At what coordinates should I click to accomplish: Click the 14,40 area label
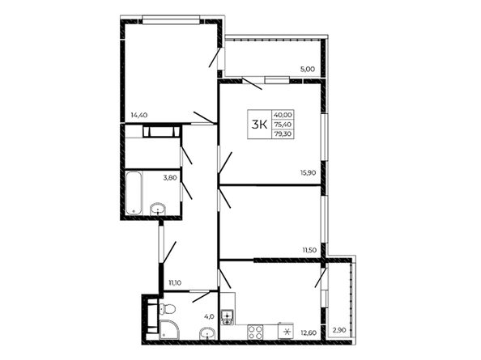click(x=139, y=115)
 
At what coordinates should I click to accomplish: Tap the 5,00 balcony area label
click(x=308, y=70)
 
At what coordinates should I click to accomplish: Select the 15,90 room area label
click(x=309, y=173)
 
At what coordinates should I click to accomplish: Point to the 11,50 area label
click(x=309, y=250)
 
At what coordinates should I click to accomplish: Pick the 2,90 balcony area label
click(x=339, y=330)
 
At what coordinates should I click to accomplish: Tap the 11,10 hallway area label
click(x=174, y=283)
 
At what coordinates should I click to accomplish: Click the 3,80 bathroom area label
click(x=170, y=177)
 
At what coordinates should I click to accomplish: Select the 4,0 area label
click(x=210, y=316)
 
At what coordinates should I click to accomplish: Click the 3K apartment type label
click(x=259, y=125)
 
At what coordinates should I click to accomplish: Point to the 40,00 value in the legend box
click(x=283, y=115)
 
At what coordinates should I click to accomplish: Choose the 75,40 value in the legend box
click(x=283, y=124)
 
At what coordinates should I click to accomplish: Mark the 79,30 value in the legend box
click(x=283, y=133)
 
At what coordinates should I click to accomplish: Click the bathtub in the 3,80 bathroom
click(x=134, y=193)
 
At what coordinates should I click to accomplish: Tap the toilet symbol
click(x=167, y=308)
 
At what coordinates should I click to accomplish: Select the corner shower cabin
click(x=168, y=330)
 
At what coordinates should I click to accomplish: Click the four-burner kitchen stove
click(x=256, y=332)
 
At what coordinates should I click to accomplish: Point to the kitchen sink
click(x=228, y=317)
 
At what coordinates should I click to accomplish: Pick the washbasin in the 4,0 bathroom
click(x=208, y=333)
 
